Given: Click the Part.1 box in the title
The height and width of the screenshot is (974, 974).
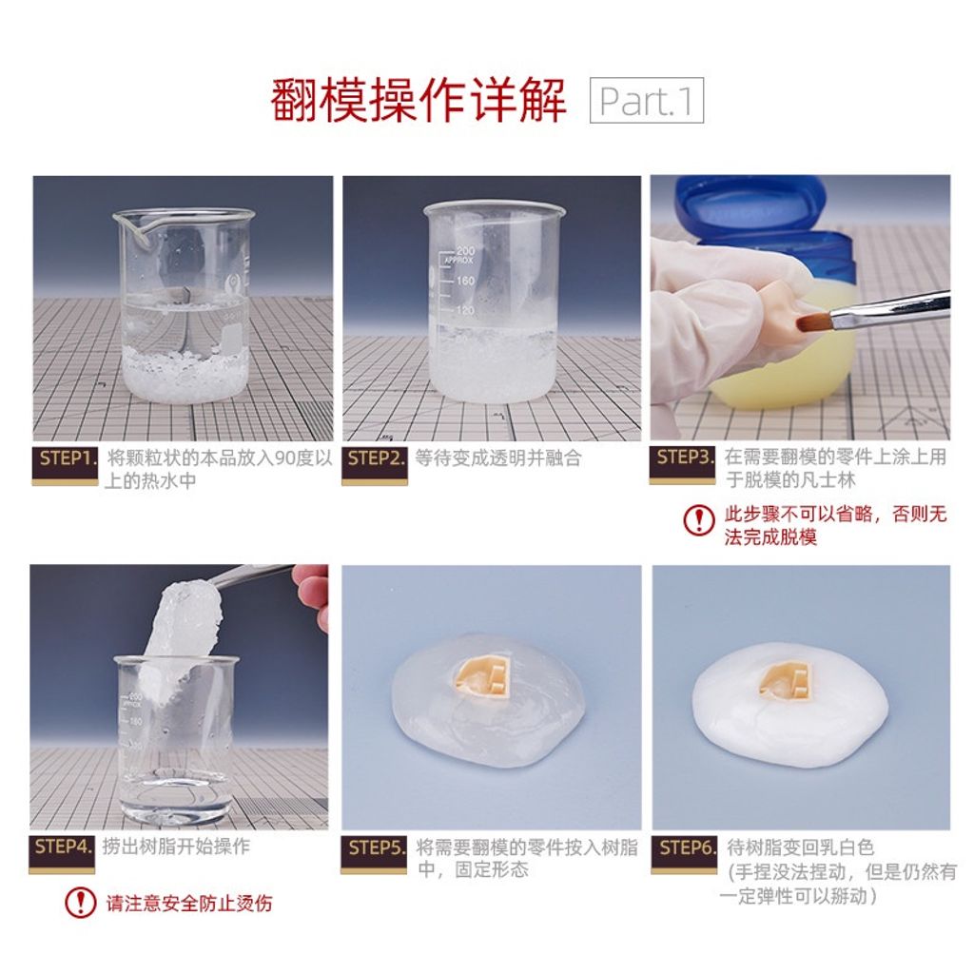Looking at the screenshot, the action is pyautogui.click(x=646, y=100).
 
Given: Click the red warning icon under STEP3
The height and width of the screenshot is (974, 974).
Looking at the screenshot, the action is pyautogui.click(x=699, y=519).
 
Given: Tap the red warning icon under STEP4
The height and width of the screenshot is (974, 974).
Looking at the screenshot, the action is pyautogui.click(x=81, y=903).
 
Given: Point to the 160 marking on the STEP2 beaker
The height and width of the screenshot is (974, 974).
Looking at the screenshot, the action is pyautogui.click(x=466, y=281).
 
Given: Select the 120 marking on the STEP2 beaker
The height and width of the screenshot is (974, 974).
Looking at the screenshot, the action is pyautogui.click(x=466, y=309).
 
